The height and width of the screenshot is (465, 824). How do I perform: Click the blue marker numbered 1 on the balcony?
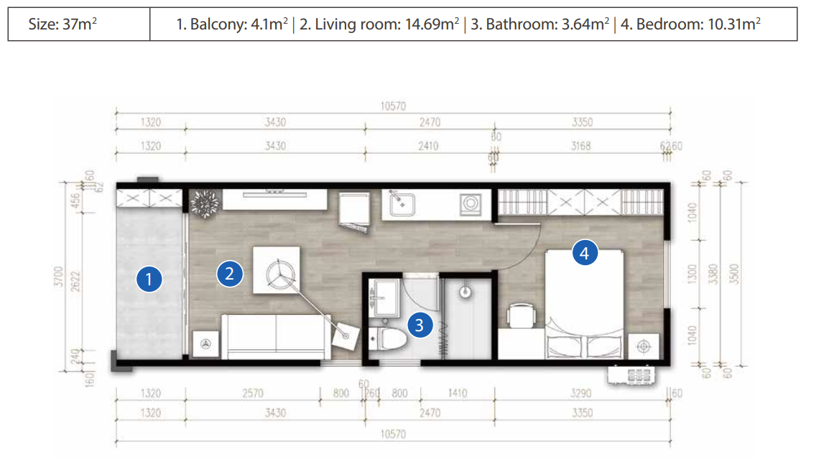pos(149,280)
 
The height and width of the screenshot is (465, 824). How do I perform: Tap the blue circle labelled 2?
pos(229,273)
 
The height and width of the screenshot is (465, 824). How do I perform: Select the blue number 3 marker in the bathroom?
pos(420,325)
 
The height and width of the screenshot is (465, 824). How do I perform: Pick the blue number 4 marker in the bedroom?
pos(585,253)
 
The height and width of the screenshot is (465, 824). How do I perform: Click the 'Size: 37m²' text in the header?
pos(63,24)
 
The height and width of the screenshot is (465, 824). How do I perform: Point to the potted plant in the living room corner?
pos(207,203)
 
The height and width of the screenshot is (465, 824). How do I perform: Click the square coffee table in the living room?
pos(277,270)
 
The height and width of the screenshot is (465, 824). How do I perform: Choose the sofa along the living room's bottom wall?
pos(277,336)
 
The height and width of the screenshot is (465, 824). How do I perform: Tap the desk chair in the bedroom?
pos(521,316)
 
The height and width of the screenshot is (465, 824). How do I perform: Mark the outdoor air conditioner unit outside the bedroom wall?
pos(635,374)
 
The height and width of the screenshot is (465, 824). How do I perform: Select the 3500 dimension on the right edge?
pos(733,273)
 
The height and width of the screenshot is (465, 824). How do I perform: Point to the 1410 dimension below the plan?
pos(457,393)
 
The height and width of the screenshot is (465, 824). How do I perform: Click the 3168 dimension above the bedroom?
pos(582,147)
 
